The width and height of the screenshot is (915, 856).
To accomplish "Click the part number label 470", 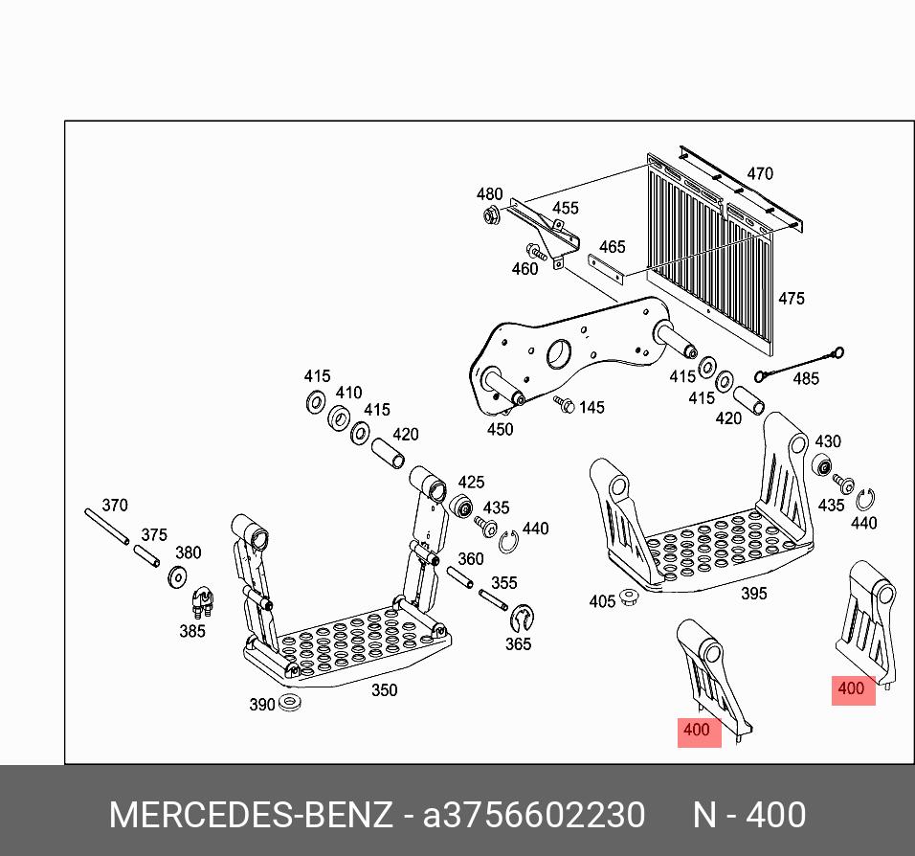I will point(760,174).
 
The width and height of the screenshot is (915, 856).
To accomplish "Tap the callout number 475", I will point(792,299).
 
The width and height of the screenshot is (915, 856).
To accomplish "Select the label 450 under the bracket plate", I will point(500,430).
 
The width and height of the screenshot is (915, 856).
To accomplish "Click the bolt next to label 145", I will point(563,405).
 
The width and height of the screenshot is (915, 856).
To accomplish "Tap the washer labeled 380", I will point(177,578).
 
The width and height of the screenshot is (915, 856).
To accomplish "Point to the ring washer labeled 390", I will point(290,705).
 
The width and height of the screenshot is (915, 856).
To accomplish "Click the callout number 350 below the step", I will point(384,690).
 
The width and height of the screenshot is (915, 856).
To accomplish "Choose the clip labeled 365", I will point(522,619).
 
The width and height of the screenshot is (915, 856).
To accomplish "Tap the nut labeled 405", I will point(629,598).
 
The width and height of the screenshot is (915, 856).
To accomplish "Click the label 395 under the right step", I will point(754,594).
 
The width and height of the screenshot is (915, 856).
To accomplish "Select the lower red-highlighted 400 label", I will point(698,731).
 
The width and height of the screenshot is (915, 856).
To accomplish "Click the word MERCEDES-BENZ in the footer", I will point(251,816).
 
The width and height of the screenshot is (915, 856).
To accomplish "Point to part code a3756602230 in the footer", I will point(534,816).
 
